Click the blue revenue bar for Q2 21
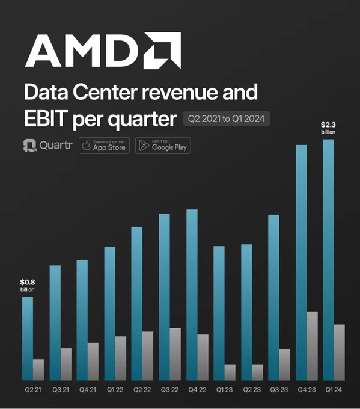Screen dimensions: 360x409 tap(28, 338)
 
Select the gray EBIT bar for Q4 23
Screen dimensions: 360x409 tap(313, 346)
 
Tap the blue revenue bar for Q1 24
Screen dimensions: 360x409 tap(328, 260)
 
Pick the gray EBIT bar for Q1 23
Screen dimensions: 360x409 tap(230, 372)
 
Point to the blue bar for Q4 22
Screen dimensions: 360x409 tap(192, 295)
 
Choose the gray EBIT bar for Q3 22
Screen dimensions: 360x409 tap(175, 354)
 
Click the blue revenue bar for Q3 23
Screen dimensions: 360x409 tap(273, 298)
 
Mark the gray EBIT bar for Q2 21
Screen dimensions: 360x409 tap(38, 370)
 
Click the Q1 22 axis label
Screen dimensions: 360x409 tap(115, 390)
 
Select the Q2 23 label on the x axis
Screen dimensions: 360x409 tap(252, 390)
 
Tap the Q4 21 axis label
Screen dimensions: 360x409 tap(88, 390)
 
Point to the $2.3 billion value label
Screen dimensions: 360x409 tap(328, 128)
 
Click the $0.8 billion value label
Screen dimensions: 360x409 tap(28, 285)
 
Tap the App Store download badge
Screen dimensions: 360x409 tap(104, 146)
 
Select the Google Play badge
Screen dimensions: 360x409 tap(163, 146)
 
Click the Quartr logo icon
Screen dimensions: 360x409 tap(29, 146)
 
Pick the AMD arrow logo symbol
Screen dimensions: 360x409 tap(162, 51)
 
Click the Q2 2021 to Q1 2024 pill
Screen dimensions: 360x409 tap(226, 119)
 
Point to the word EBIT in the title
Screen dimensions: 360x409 tap(46, 118)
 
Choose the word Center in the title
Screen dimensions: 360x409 tap(105, 92)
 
